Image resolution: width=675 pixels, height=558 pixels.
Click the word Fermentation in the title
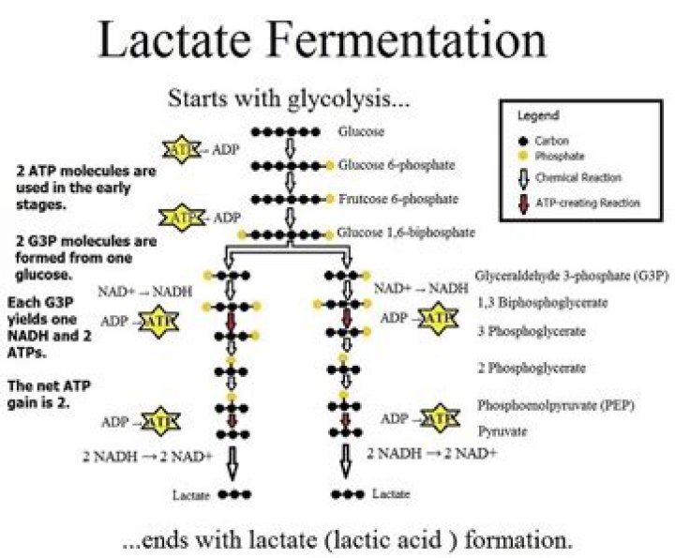point(420,42)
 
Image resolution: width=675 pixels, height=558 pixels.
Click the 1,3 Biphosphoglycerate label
point(543,303)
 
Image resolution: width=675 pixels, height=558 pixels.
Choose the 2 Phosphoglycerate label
point(532,369)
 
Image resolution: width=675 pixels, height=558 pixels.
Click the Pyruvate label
point(503,430)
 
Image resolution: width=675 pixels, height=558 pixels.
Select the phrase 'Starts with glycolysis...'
point(290,97)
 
